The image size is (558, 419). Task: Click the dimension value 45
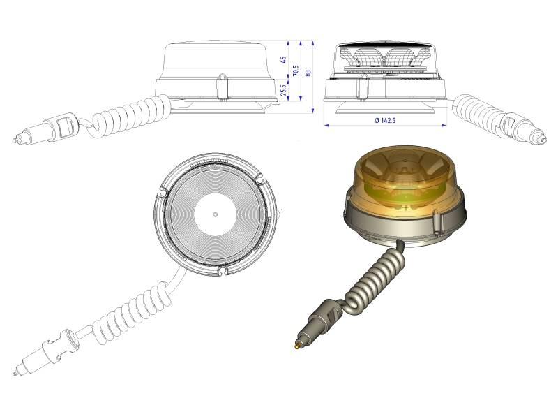click(284, 59)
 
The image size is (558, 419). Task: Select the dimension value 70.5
click(295, 71)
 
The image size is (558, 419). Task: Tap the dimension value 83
click(308, 73)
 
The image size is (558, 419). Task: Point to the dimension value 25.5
click(284, 90)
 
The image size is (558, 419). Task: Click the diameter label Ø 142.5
click(385, 120)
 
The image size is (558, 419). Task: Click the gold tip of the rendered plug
click(297, 346)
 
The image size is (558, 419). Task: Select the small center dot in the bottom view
click(215, 214)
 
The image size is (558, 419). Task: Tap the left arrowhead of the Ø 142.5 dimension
click(326, 125)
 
